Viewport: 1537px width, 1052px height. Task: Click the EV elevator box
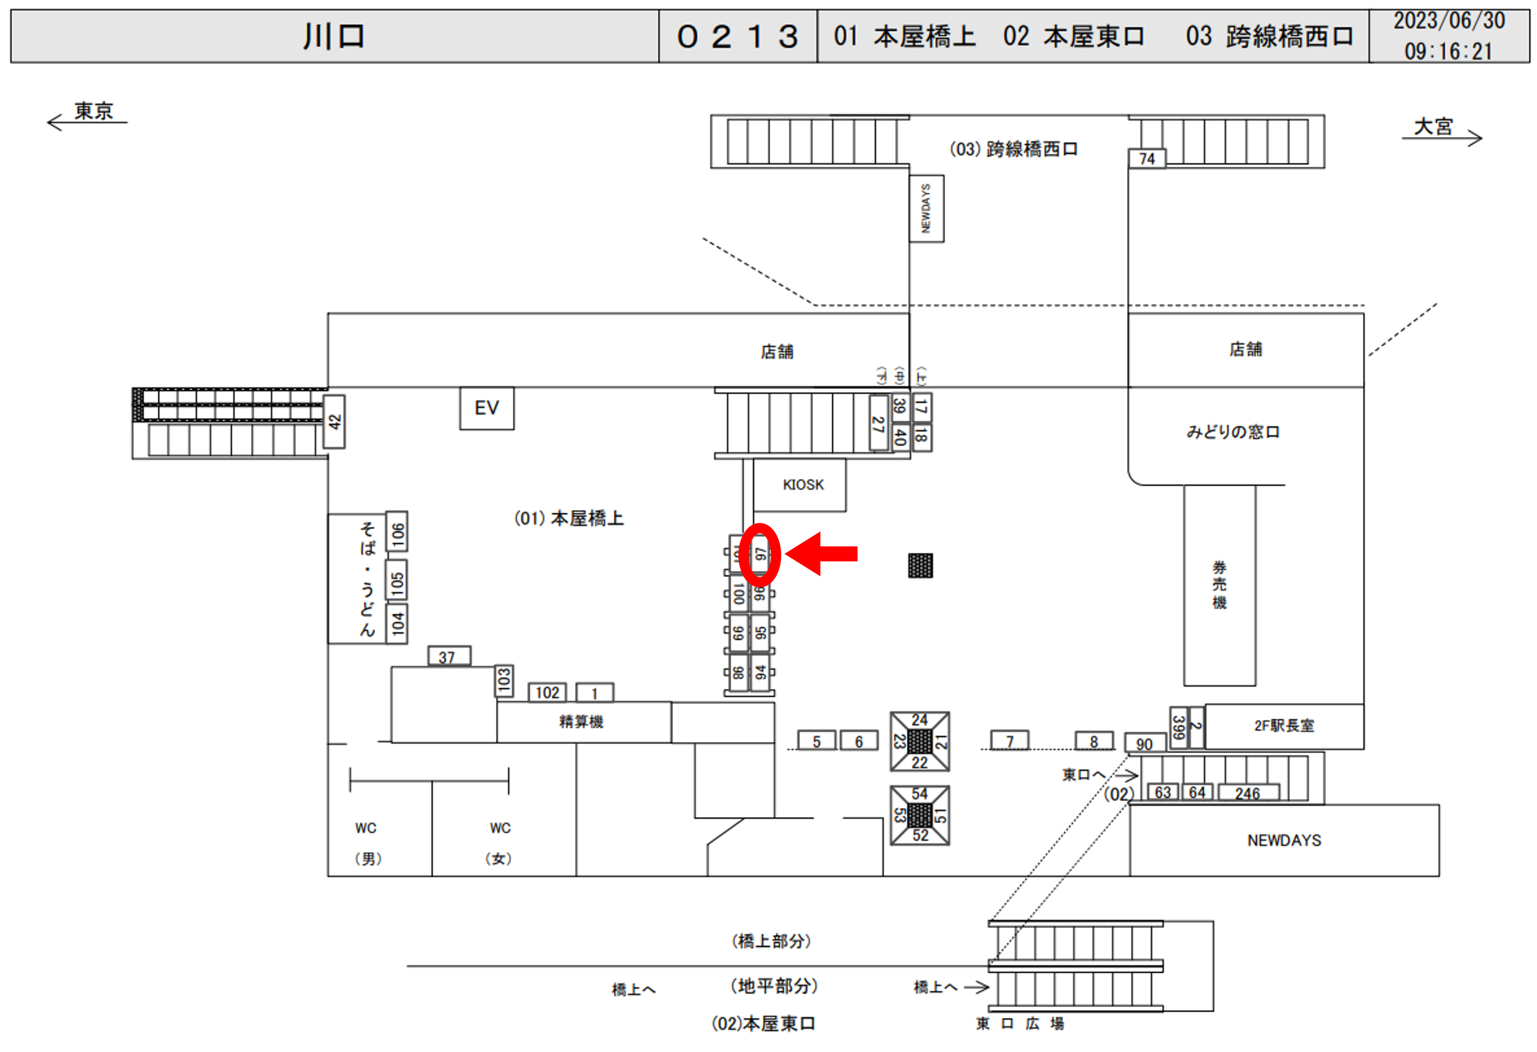click(487, 408)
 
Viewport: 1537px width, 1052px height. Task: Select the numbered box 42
click(335, 422)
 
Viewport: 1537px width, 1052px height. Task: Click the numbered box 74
click(1146, 159)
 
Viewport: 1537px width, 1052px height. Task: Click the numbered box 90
click(1144, 744)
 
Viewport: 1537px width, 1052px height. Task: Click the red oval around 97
click(760, 554)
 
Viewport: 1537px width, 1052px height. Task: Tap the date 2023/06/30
click(1448, 21)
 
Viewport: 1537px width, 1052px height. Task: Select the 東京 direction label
click(93, 111)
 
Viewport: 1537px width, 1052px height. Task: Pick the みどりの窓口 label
click(1233, 432)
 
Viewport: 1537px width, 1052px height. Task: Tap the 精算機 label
click(581, 721)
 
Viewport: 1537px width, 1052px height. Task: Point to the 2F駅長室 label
click(1284, 726)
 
